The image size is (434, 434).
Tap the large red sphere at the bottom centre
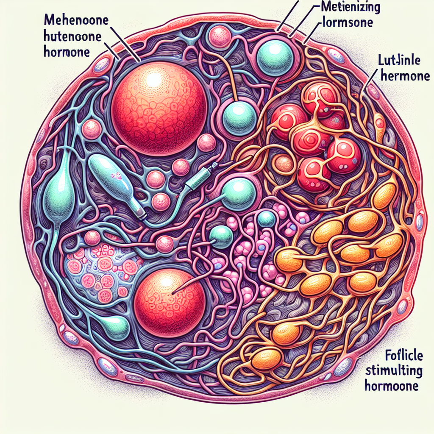coord(170,299)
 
